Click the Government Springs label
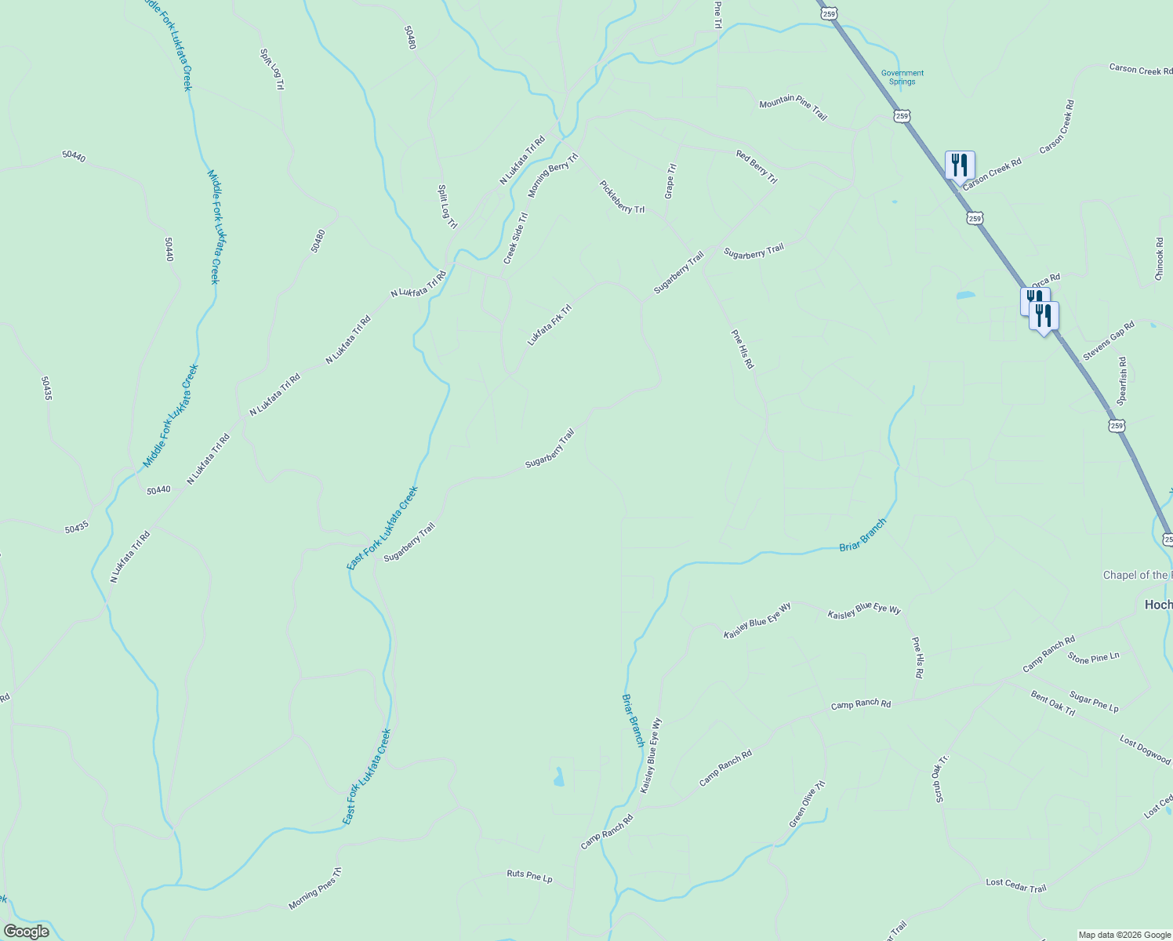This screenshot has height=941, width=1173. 902,77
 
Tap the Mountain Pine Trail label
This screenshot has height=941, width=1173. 793,110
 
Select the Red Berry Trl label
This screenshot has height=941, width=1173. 757,167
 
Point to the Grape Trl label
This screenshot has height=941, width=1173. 670,181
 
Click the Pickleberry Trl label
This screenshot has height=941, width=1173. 622,197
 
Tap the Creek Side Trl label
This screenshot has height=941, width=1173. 515,238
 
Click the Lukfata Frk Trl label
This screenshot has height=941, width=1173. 550,325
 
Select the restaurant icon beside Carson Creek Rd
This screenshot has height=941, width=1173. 960,165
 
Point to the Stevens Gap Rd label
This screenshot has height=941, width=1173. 1109,341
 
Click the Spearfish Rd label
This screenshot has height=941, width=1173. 1122,381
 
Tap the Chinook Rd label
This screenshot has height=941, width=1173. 1160,259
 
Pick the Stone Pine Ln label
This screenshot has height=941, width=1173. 1093,658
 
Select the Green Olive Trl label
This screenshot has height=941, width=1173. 807,804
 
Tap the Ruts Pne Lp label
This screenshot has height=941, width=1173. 529,876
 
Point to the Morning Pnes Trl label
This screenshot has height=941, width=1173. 315,888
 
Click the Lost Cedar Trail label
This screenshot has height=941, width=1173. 1016,885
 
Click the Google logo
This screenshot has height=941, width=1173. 26,932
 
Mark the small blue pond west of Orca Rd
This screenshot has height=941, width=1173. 964,296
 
